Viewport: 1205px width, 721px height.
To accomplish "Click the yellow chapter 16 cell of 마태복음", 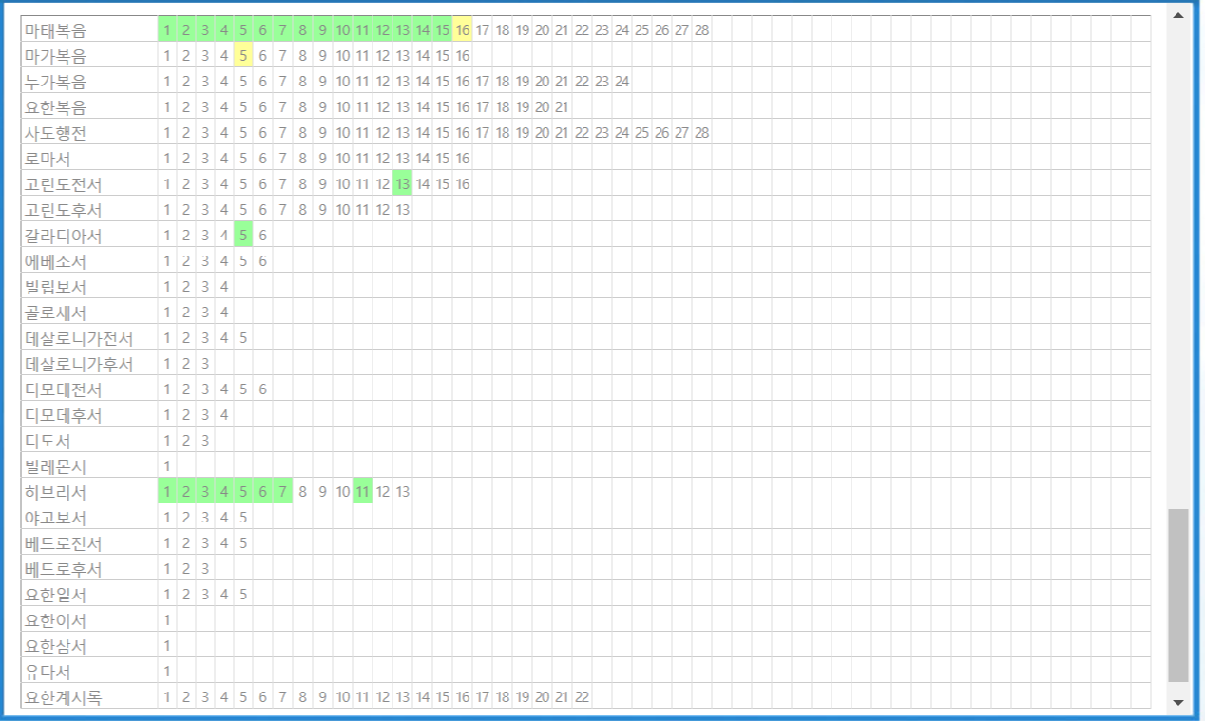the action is (x=463, y=29).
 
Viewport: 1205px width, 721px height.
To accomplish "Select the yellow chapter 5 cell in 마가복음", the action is (x=243, y=55).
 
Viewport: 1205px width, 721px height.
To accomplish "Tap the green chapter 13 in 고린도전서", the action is (x=403, y=183).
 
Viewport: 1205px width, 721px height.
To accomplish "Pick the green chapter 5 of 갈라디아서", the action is (x=243, y=235).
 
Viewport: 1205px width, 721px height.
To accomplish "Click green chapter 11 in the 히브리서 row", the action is (x=362, y=491).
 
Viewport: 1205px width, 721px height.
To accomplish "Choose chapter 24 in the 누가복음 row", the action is (x=622, y=81).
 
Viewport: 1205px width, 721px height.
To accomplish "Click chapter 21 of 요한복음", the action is (x=562, y=106).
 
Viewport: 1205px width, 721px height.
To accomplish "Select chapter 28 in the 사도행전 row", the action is (x=701, y=132).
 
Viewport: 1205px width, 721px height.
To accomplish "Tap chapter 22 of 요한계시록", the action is (x=582, y=696).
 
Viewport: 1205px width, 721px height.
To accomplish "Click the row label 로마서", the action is (x=48, y=158).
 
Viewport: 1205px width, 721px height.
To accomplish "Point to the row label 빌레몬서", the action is (x=55, y=465).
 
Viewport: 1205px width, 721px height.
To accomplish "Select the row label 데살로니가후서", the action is (x=79, y=363).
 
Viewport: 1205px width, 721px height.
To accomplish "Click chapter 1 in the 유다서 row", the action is (x=167, y=671).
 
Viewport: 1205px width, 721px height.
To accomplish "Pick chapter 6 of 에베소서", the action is (x=263, y=260).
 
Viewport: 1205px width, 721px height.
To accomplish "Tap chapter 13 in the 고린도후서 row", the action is (x=403, y=209).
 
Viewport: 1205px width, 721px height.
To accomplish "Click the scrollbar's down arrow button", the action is (x=1178, y=702).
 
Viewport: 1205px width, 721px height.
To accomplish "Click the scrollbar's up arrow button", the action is (x=1178, y=15).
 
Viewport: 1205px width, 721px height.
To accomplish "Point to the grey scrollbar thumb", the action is (x=1178, y=595).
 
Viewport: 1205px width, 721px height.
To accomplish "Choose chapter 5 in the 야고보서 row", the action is (x=243, y=517).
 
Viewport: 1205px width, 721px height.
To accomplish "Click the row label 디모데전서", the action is (x=63, y=389).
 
